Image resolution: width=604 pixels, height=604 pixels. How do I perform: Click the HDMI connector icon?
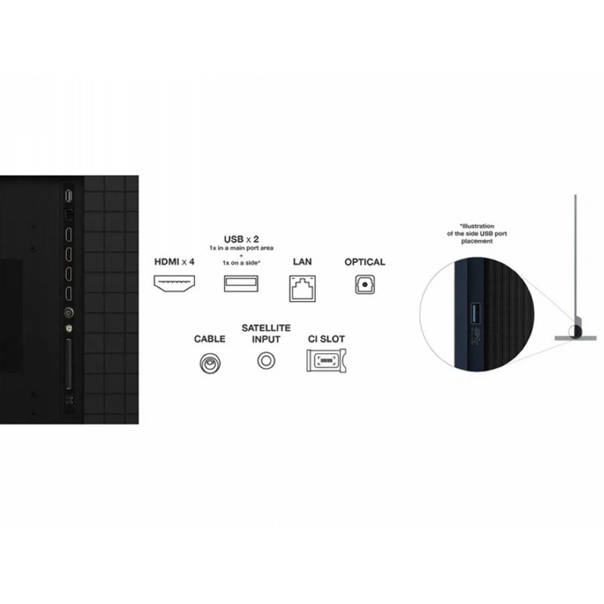(174, 284)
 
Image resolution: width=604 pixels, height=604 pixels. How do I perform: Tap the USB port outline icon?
(241, 284)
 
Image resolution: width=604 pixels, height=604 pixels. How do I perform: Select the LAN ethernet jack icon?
(303, 288)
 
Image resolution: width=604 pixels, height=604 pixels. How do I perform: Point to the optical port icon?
(365, 285)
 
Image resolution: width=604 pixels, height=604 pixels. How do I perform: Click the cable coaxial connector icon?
(210, 363)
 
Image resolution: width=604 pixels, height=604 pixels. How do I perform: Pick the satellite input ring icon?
(266, 361)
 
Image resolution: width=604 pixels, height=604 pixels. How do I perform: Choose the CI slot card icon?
(326, 361)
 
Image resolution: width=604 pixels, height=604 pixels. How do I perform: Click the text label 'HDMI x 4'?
(174, 262)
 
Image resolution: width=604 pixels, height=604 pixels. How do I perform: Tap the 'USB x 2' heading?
(241, 239)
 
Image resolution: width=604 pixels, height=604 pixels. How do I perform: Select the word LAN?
(303, 262)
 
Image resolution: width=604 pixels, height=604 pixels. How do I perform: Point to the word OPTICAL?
(365, 262)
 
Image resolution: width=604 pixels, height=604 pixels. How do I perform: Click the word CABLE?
(210, 339)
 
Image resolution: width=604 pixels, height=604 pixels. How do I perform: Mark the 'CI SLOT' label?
(326, 339)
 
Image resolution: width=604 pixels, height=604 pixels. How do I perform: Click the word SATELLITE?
(266, 328)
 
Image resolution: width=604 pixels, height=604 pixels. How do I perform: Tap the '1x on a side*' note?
(241, 263)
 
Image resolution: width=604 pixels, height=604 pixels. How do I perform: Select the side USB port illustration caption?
(477, 234)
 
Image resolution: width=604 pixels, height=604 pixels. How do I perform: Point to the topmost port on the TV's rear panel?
(68, 196)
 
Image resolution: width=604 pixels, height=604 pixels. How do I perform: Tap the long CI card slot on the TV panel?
(69, 364)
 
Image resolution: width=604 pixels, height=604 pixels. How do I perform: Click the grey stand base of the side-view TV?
(575, 338)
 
